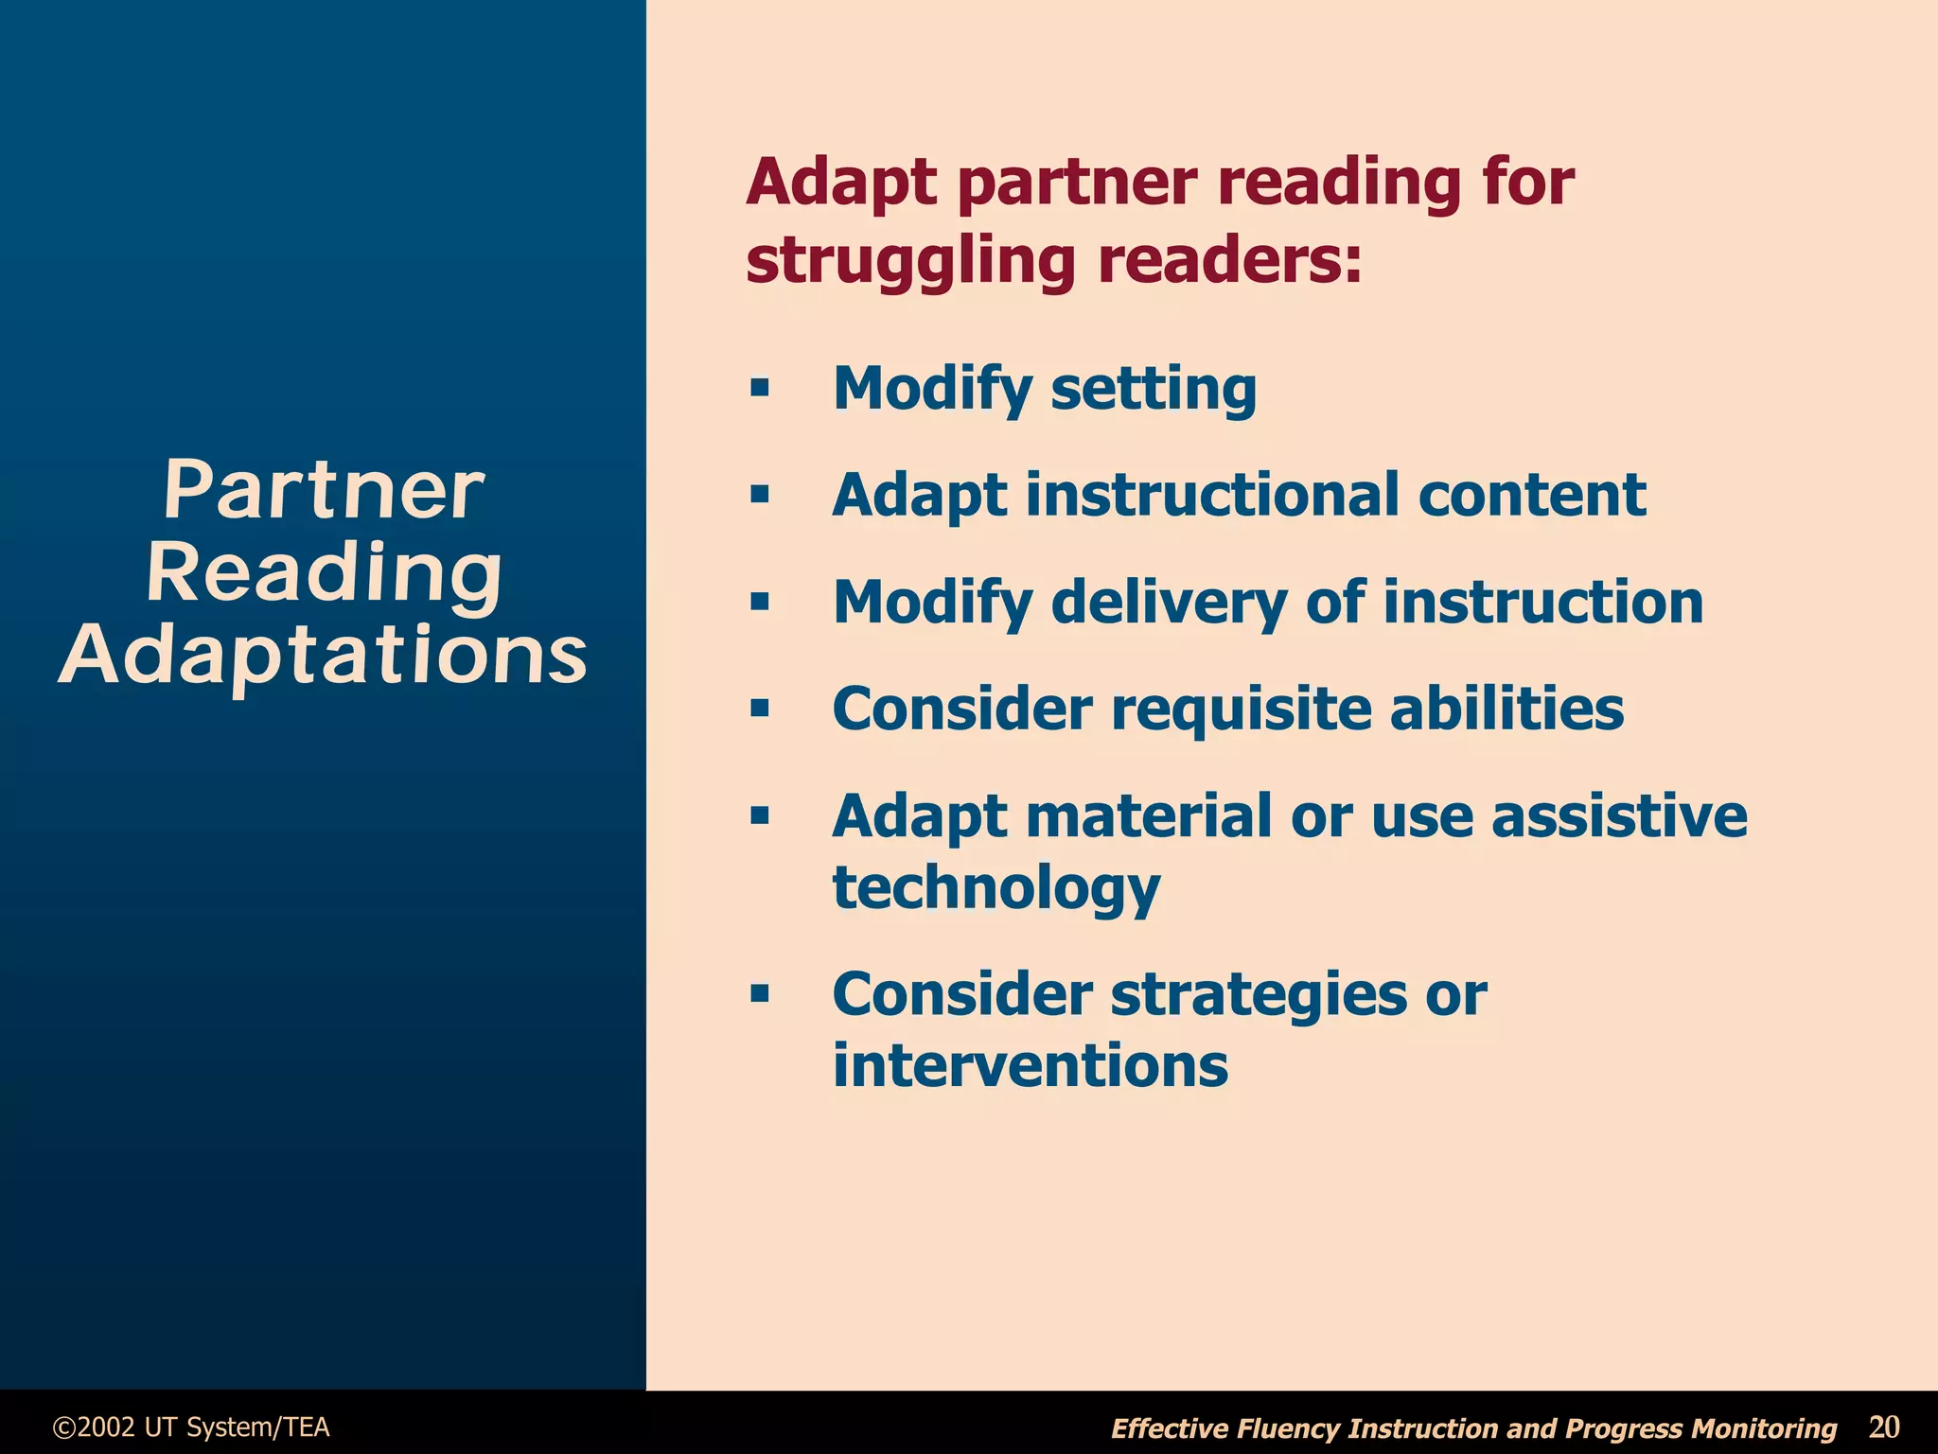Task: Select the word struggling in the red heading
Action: click(x=910, y=260)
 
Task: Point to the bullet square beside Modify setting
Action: click(x=759, y=388)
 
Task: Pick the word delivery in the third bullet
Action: click(x=1169, y=603)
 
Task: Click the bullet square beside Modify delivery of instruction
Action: click(x=759, y=602)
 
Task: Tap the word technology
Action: click(x=995, y=889)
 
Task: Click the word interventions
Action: click(x=1031, y=1065)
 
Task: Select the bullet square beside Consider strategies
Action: click(x=759, y=994)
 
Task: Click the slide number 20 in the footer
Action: click(x=1883, y=1427)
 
